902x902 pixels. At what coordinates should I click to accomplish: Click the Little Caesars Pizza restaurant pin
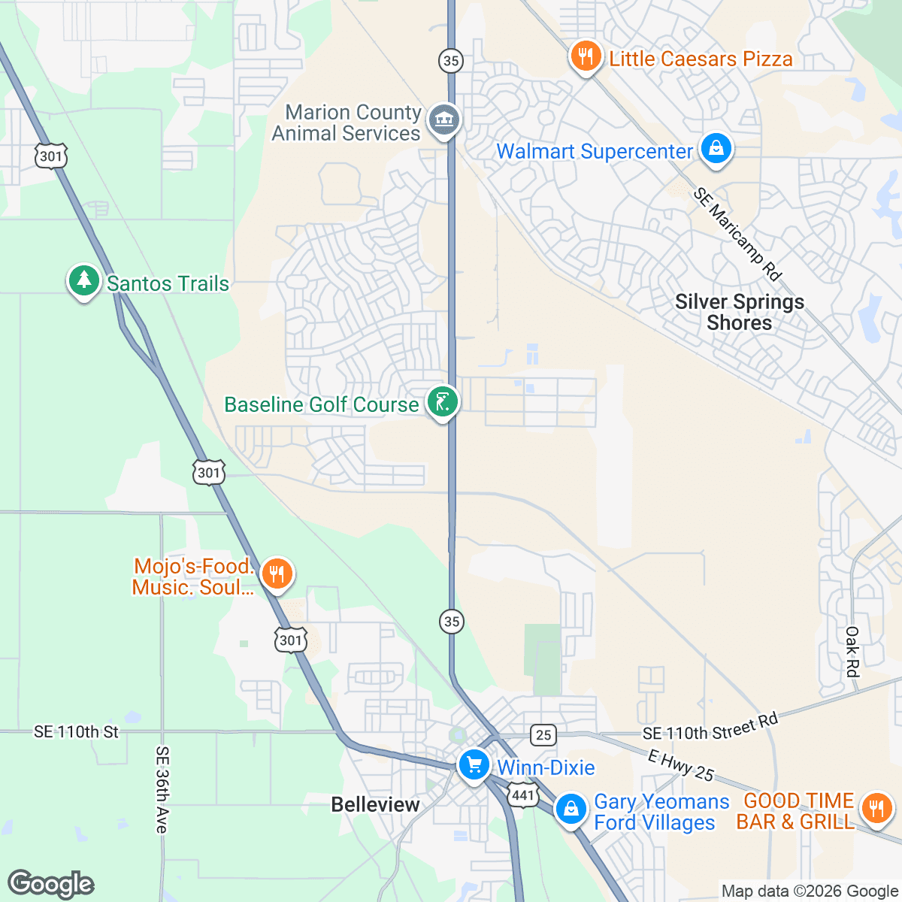click(586, 56)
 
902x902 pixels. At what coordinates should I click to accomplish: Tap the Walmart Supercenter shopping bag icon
click(716, 149)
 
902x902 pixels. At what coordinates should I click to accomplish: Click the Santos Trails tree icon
click(83, 280)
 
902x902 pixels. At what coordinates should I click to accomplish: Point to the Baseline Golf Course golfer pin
click(442, 402)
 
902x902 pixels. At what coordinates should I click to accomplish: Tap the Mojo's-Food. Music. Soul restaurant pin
click(277, 575)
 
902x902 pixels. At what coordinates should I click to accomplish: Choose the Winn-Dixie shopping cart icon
click(474, 766)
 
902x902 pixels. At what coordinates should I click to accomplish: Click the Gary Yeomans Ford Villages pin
click(571, 810)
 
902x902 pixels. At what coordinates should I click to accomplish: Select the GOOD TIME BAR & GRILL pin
click(876, 810)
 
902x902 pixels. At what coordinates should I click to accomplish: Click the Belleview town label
click(375, 804)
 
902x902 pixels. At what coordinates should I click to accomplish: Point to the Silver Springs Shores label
click(740, 312)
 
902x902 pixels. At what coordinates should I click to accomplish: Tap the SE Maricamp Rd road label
click(737, 234)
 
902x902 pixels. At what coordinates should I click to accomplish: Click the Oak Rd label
click(852, 652)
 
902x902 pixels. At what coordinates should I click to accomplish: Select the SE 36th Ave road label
click(162, 789)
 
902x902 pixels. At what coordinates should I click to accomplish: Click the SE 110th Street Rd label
click(710, 727)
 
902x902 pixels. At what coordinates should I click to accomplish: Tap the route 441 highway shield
click(522, 795)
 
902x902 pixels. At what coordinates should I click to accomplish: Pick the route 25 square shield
click(543, 735)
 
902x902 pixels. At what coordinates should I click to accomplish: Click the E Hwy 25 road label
click(680, 766)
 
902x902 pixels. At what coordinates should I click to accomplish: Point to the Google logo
click(50, 884)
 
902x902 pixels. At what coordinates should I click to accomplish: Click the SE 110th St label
click(76, 731)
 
